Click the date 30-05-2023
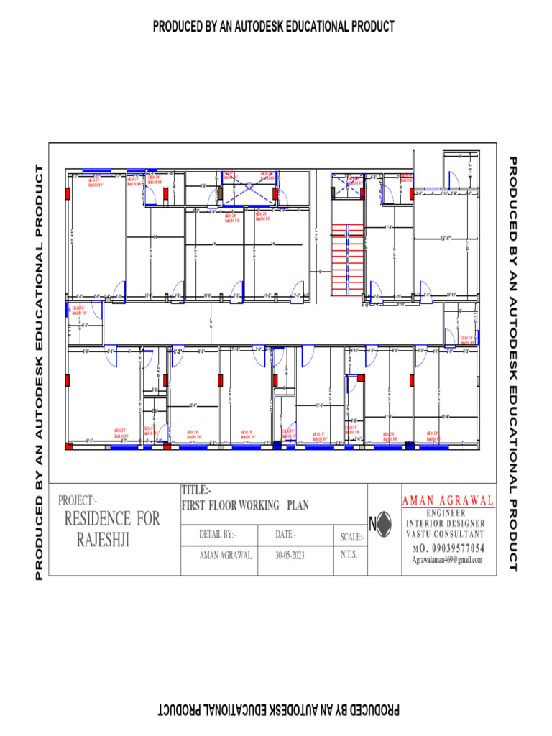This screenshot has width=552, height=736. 290,555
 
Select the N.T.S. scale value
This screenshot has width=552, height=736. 349,555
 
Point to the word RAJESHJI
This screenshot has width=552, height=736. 103,539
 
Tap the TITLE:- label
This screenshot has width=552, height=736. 196,491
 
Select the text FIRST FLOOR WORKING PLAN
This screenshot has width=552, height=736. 245,505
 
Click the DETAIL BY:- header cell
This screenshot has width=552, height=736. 218,535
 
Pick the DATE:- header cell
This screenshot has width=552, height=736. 285,535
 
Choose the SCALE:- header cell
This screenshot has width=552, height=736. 351,537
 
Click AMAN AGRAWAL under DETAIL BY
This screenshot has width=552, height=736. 225,555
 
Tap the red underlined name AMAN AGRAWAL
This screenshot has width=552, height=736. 448,500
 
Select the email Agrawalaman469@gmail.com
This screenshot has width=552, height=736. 446,560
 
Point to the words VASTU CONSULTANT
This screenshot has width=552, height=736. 446,534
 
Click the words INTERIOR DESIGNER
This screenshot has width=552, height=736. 446,523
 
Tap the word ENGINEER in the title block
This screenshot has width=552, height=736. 446,513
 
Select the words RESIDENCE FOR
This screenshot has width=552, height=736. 112,519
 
